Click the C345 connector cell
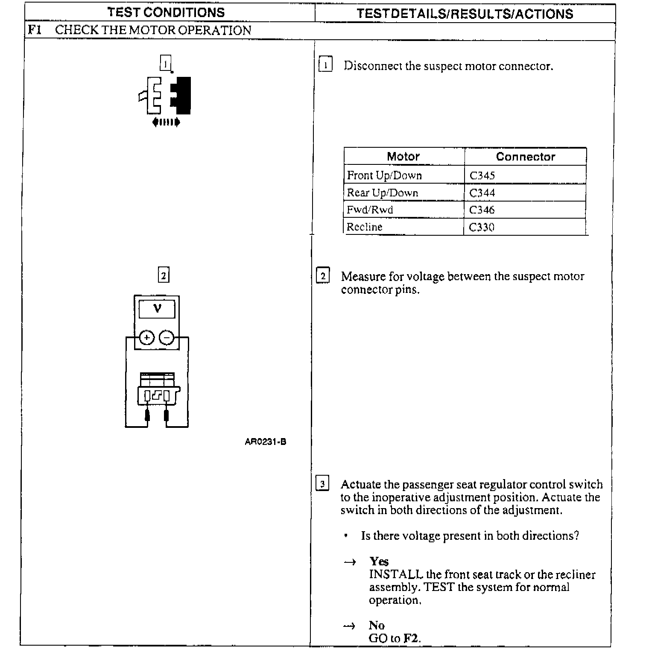482,175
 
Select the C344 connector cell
482,193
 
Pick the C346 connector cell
482,210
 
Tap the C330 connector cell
481,227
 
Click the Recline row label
364,227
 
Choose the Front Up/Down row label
384,175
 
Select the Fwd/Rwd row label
370,210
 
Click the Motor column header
403,156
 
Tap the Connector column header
525,157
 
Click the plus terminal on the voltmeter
147,338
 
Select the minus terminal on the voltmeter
167,338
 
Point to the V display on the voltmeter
157,309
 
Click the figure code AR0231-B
265,442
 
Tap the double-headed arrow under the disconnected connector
166,123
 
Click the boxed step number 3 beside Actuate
322,484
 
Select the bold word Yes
379,561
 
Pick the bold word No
377,625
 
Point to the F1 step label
35,30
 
